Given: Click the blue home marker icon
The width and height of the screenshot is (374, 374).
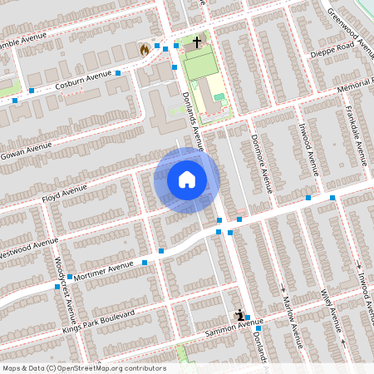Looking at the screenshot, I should [x=187, y=179].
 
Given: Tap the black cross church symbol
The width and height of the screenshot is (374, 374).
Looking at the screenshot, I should [x=197, y=42].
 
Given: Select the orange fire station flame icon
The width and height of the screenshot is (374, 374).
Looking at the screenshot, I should [x=145, y=49].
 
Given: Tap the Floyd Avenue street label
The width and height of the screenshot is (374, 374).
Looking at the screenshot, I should [x=64, y=194].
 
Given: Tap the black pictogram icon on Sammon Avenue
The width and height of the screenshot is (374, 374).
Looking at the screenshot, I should [x=240, y=315].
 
